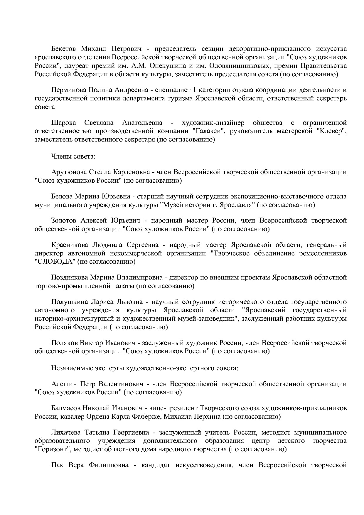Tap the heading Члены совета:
coord(73,156)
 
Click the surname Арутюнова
coord(68,172)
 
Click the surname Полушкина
coord(68,302)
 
